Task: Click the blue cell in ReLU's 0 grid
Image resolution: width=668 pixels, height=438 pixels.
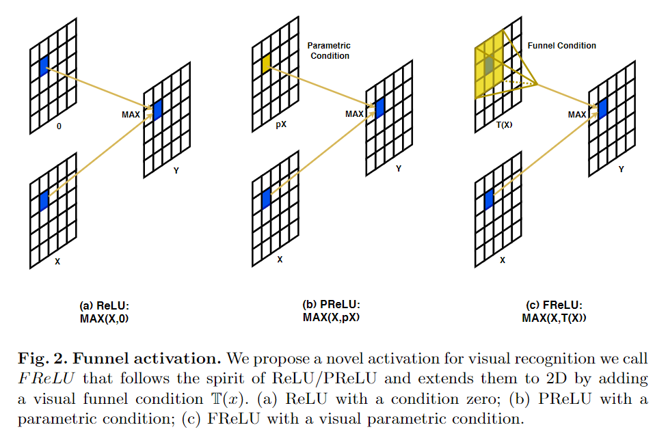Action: tap(44, 66)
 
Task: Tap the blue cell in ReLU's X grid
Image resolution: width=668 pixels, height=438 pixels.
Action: tap(44, 200)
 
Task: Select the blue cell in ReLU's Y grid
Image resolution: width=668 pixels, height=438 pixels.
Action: tap(158, 110)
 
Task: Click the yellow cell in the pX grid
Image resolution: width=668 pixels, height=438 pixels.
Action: tap(266, 64)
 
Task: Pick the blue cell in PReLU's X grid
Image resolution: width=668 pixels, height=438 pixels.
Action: tap(266, 199)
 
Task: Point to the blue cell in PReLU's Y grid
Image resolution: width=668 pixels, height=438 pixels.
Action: tap(380, 108)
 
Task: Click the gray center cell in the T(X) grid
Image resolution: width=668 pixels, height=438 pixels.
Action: tap(489, 65)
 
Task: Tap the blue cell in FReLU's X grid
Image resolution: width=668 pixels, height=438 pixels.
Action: tap(489, 200)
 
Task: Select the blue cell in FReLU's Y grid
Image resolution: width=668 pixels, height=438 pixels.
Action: tap(603, 109)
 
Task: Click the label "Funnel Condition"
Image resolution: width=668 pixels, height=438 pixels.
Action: tap(561, 46)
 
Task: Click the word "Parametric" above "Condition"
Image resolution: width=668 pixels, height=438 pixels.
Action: tap(329, 46)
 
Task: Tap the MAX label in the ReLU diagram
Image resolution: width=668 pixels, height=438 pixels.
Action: tap(131, 115)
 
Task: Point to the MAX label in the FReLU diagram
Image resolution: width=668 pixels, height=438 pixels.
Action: tap(577, 115)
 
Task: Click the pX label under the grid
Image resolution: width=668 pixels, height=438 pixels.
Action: tap(281, 124)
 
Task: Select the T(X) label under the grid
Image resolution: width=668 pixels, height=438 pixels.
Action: tap(505, 125)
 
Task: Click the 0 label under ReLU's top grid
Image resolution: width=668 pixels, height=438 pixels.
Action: tap(59, 126)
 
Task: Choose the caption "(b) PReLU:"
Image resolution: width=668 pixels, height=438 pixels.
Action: tap(331, 304)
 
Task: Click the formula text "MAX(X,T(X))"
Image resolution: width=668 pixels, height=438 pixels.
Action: tap(554, 318)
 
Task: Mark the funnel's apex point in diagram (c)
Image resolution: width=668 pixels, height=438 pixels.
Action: tap(537, 84)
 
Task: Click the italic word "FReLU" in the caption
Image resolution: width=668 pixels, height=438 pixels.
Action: tap(46, 379)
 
